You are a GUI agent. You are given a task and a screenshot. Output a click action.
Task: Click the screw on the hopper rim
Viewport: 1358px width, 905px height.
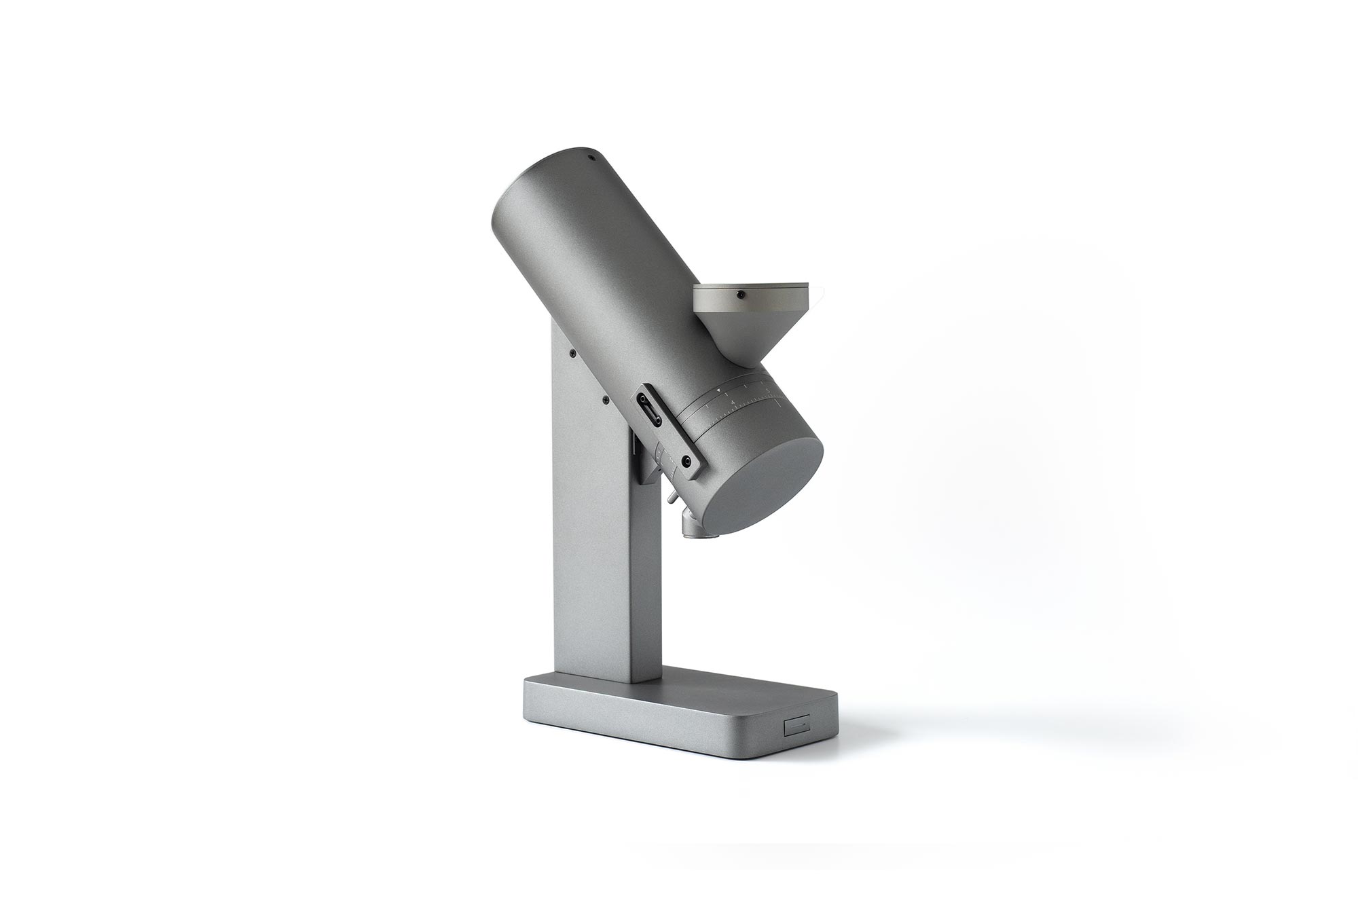(741, 295)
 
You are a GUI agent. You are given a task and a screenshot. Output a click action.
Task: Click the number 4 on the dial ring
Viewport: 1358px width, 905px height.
(733, 403)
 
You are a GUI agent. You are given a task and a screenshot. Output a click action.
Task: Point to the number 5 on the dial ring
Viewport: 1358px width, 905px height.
(768, 390)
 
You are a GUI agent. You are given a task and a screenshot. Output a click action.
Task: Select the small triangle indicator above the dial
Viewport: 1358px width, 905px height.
(719, 390)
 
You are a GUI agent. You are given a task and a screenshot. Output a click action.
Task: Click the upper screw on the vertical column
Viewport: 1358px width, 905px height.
(573, 353)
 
